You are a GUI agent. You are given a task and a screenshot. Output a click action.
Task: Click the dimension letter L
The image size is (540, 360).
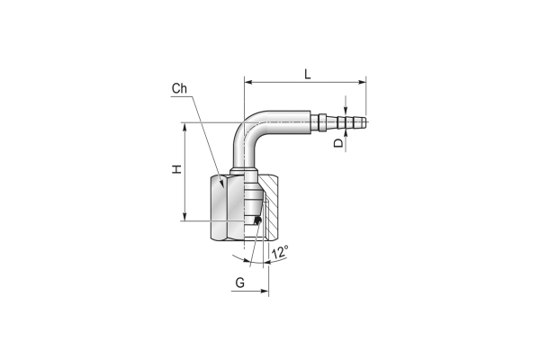click(x=307, y=74)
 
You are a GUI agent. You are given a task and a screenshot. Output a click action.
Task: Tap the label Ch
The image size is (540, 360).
click(x=179, y=88)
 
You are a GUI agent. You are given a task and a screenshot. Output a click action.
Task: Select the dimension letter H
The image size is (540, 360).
click(x=177, y=169)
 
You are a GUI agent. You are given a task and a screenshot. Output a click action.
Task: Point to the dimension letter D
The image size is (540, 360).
click(x=339, y=143)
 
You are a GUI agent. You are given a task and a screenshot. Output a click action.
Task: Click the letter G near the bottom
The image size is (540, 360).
click(x=239, y=283)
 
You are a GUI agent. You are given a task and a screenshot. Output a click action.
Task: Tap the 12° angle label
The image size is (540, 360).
click(x=280, y=252)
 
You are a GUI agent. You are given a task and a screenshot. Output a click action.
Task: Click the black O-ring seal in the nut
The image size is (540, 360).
click(x=256, y=220)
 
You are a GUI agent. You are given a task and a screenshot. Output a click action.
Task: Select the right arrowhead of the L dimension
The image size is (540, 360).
click(x=362, y=82)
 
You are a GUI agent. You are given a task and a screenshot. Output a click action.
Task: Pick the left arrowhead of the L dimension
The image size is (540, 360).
click(x=248, y=82)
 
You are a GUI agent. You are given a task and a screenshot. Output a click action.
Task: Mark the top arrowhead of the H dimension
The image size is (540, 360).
click(x=184, y=126)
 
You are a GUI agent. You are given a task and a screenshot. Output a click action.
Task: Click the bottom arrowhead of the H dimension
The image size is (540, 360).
click(x=184, y=217)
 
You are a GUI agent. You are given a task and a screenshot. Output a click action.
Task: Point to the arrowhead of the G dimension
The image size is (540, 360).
click(x=265, y=291)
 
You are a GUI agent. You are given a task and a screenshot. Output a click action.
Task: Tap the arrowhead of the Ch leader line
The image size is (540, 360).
click(x=222, y=184)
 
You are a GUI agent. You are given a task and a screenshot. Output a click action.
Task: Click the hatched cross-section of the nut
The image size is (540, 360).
click(x=268, y=207)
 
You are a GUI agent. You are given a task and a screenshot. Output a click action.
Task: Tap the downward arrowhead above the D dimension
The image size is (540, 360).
click(x=346, y=109)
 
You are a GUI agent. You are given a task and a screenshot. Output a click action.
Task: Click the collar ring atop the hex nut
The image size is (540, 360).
click(x=244, y=171)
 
